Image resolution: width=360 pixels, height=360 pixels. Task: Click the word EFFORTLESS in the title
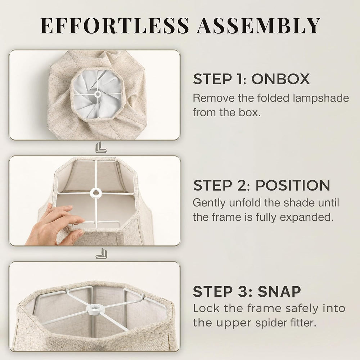point(114,25)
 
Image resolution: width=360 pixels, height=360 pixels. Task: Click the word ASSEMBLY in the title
point(258,25)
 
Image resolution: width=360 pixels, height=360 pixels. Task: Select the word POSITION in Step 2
point(293,185)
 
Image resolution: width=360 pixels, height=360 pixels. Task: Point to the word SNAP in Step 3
point(279,291)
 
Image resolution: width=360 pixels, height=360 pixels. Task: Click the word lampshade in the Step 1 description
point(321,98)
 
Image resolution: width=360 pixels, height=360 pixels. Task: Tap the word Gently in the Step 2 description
point(209,203)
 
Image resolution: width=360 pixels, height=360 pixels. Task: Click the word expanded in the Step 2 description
point(305,217)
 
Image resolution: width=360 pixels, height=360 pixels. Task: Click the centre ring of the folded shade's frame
point(98,94)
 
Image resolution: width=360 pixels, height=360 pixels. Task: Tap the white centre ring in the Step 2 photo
point(96,192)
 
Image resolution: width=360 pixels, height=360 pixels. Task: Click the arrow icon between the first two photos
point(101,147)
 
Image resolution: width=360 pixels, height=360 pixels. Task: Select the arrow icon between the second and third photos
point(101,254)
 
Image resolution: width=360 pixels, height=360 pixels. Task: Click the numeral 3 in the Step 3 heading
point(242,291)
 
